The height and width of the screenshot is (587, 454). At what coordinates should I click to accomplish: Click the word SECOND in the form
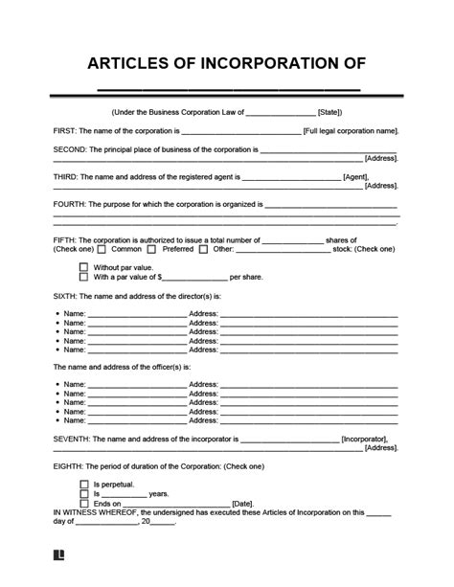tap(71, 150)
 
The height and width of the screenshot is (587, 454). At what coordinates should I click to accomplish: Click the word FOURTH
tap(71, 204)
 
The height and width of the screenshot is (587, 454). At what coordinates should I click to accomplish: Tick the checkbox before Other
tap(202, 249)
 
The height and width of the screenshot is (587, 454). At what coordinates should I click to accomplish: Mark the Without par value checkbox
tap(84, 267)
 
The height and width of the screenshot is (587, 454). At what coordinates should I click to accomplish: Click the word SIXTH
tap(67, 297)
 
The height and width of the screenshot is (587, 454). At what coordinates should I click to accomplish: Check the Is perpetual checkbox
tap(84, 485)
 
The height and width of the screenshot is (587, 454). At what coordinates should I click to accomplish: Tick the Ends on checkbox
tap(84, 503)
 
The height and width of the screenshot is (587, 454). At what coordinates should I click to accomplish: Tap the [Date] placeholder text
tap(242, 504)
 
